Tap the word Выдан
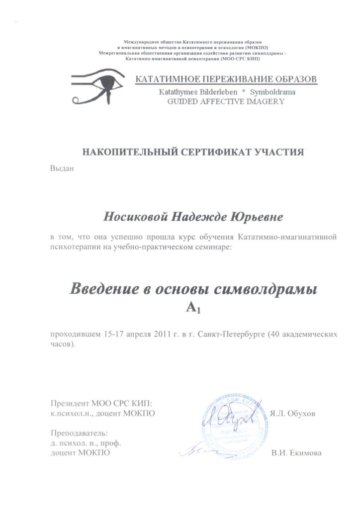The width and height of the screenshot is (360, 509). [62, 168]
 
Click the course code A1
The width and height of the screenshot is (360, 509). [192, 310]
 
